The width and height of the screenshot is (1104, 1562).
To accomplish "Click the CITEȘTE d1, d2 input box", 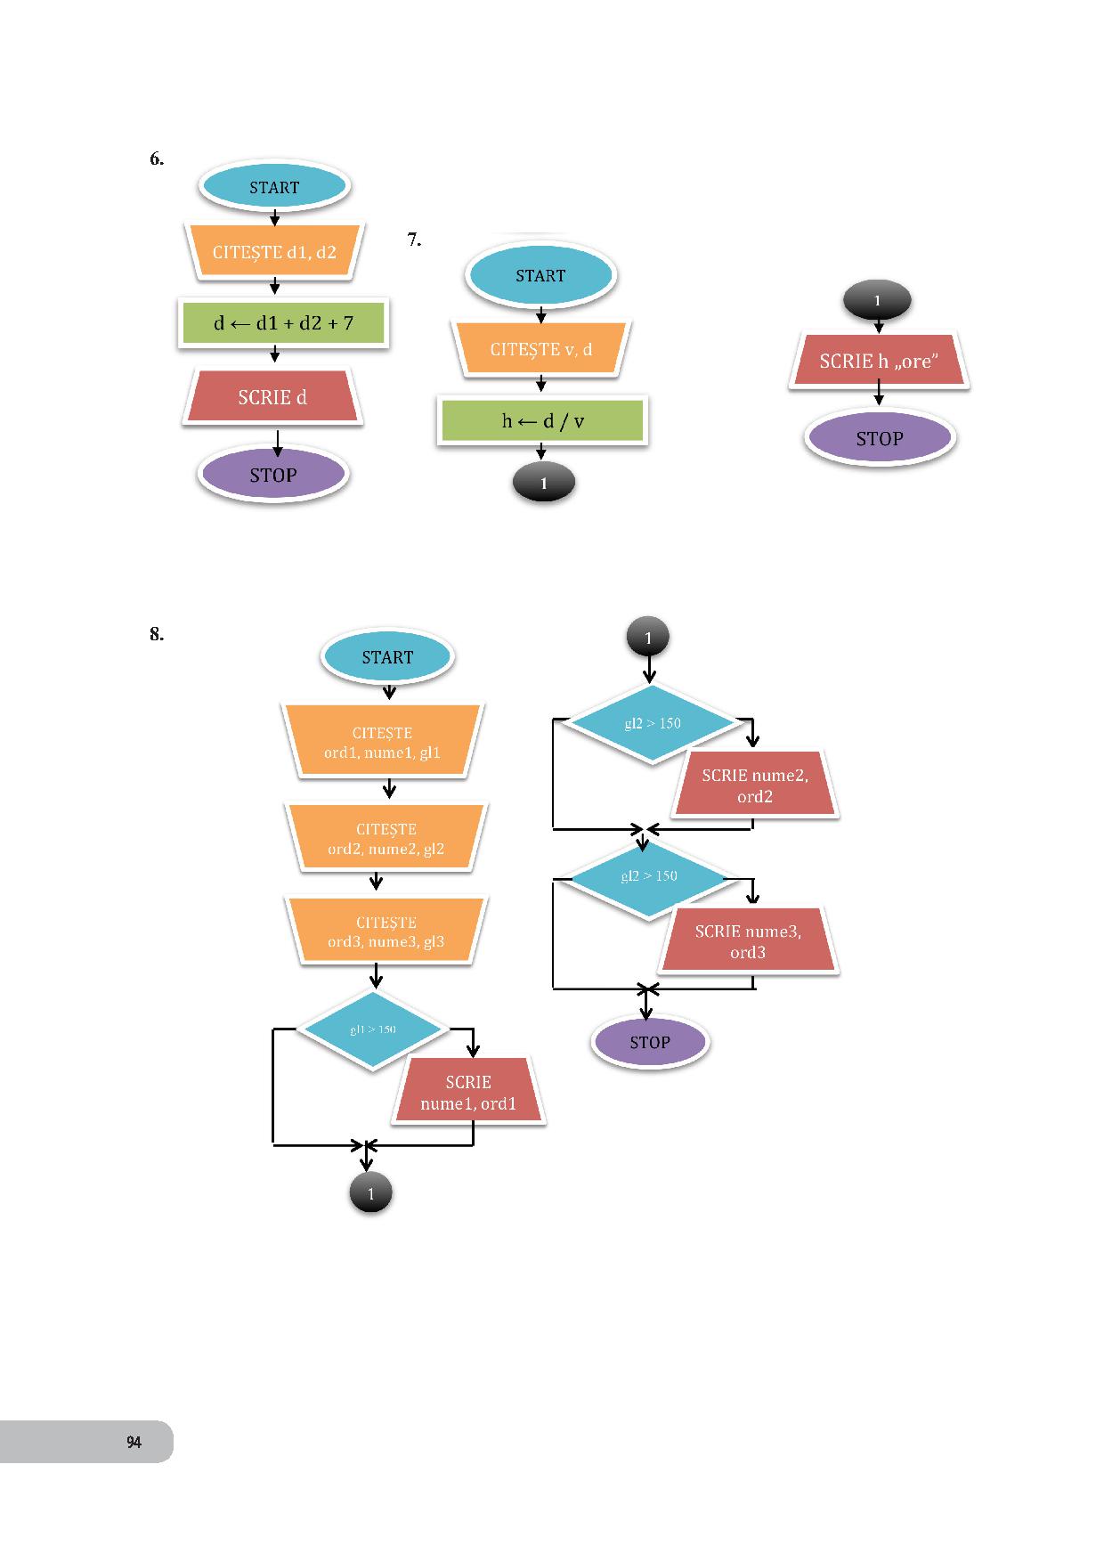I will click(274, 252).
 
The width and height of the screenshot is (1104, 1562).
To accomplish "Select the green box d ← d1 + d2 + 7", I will click(283, 323).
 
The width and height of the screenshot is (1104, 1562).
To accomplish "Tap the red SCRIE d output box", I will click(272, 398).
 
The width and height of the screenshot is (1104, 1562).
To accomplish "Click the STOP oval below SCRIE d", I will click(273, 476).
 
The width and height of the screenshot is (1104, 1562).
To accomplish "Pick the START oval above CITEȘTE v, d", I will click(540, 276).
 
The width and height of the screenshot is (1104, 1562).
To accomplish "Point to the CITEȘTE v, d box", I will click(540, 349).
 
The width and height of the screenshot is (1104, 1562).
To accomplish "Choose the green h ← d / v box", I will click(542, 421).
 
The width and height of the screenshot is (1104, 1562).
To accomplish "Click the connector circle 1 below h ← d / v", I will click(544, 484).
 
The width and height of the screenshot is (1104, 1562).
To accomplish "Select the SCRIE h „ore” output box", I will click(879, 362).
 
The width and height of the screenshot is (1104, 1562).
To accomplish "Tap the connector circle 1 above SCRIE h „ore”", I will click(877, 301).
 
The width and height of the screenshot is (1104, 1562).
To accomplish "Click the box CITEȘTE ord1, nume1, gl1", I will click(383, 743).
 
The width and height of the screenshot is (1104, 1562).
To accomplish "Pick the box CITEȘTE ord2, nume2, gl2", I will click(386, 839).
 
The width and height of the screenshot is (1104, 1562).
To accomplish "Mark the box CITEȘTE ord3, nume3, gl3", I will click(386, 932).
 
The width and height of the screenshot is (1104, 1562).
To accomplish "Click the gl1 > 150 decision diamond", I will click(373, 1029).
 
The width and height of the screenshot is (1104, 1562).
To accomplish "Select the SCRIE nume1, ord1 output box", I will click(468, 1093).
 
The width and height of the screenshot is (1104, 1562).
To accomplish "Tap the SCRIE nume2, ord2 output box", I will click(755, 785).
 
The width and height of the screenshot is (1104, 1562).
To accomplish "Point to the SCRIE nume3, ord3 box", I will click(748, 941).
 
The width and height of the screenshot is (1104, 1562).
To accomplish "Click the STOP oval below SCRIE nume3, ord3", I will click(650, 1043).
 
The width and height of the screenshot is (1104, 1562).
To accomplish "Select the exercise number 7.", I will click(414, 240).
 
